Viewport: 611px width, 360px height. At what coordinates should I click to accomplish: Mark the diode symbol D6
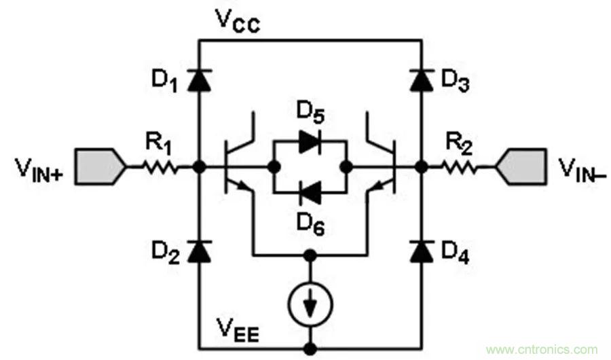tap(310, 193)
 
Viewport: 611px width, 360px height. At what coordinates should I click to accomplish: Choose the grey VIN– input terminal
tap(521, 166)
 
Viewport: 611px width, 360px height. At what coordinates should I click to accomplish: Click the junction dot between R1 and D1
tap(198, 166)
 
